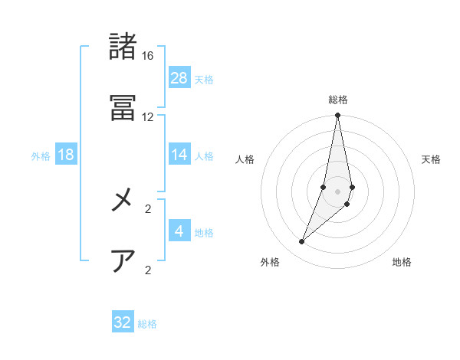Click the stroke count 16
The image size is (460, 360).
[148, 56]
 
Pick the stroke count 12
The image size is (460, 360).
[148, 117]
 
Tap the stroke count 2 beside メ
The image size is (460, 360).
[148, 208]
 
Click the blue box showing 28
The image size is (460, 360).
[179, 78]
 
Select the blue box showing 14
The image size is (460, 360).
[179, 155]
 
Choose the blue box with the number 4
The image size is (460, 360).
[179, 231]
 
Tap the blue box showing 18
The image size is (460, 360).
[66, 155]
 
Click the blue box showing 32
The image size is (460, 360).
[123, 322]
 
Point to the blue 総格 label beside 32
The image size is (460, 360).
[147, 324]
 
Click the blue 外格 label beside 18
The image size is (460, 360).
[41, 156]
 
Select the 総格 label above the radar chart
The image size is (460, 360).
[338, 100]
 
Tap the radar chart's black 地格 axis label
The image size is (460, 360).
[402, 263]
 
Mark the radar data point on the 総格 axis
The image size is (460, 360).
[338, 116]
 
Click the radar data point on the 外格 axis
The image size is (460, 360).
[302, 242]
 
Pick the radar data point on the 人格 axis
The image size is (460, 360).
[324, 187]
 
